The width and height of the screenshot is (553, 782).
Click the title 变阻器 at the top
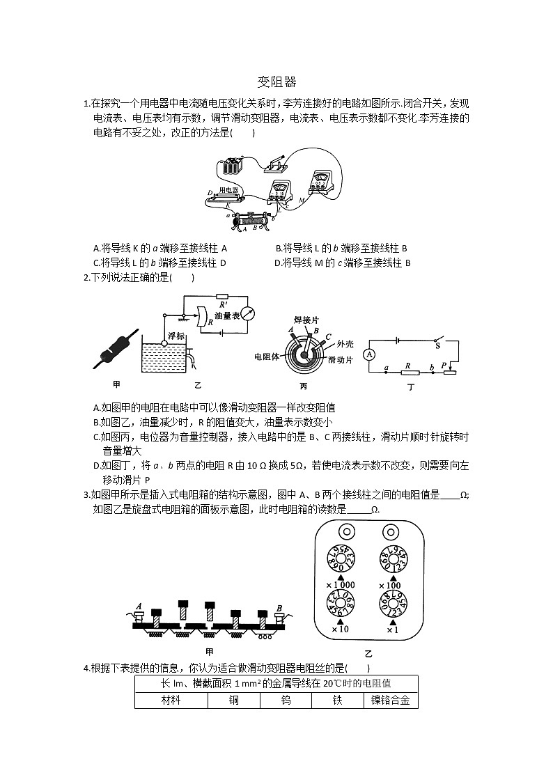point(276,82)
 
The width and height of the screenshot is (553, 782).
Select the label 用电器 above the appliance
point(227,189)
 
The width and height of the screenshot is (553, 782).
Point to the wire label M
point(301,200)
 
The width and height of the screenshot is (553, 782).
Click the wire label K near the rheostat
point(227,205)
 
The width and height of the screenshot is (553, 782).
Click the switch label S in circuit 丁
point(437,344)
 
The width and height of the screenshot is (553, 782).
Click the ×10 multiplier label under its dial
point(340,629)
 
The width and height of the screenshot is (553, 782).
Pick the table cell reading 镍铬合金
point(390,700)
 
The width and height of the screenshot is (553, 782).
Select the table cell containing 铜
point(234,700)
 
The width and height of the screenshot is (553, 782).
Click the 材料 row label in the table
point(171,700)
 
